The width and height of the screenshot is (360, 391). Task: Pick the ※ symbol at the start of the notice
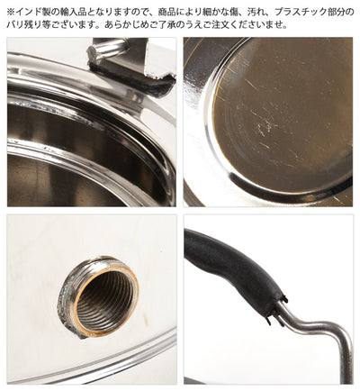(x=11, y=13)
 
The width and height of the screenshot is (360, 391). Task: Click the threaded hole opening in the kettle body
(x=105, y=296)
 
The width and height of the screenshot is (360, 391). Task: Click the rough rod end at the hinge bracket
(x=94, y=52)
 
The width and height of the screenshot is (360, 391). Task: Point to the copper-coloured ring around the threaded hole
(x=105, y=296)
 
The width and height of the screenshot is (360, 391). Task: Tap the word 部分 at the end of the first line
(x=335, y=13)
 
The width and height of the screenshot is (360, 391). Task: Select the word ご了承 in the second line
(x=160, y=24)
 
